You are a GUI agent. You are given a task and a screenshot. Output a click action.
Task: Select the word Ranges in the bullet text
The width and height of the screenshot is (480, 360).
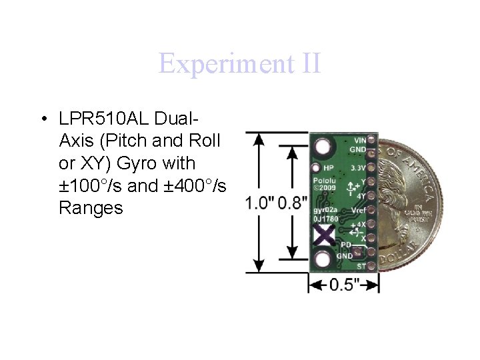pos(91,208)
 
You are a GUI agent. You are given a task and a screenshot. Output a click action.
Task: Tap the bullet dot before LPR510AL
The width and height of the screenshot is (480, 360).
pos(43,119)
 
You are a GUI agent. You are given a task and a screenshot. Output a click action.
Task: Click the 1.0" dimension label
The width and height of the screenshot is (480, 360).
pos(259,202)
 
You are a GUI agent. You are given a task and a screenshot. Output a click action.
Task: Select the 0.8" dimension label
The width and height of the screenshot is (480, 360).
pos(293,202)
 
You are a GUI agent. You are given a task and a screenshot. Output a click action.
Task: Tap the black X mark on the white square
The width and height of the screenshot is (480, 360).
pos(324,235)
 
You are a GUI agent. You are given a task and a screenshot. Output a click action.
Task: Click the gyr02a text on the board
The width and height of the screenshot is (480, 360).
pos(327,210)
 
